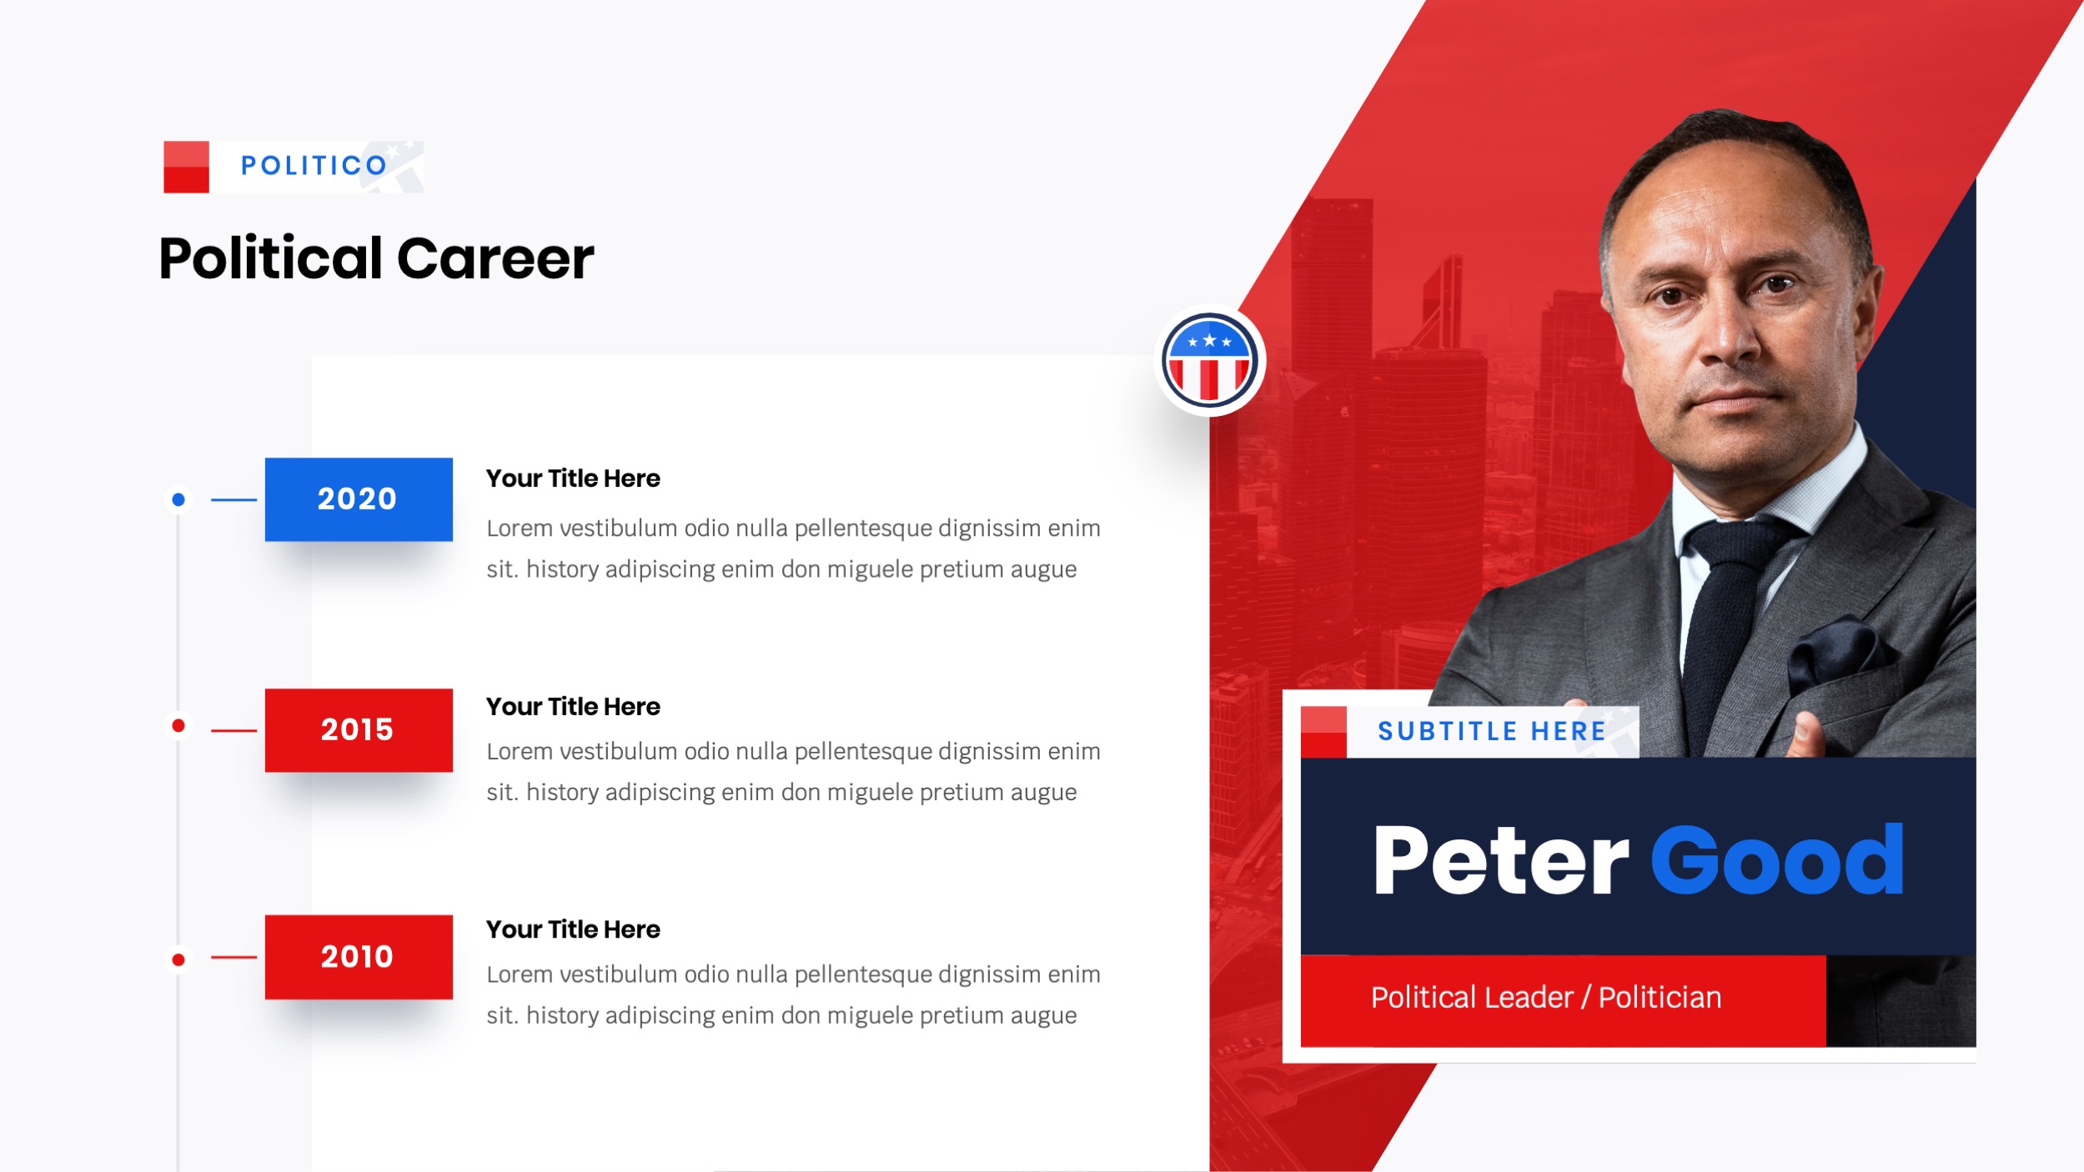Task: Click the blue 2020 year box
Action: [359, 499]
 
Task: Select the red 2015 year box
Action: [359, 730]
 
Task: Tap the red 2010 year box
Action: [359, 957]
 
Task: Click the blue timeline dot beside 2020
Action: [178, 500]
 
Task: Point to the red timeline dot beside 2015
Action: [178, 726]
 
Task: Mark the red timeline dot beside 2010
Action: [178, 959]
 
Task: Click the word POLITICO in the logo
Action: [314, 166]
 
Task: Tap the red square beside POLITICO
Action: [186, 167]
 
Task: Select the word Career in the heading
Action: [495, 258]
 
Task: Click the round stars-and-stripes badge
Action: [1209, 361]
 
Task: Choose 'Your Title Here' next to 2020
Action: [573, 478]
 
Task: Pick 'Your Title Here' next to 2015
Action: [573, 707]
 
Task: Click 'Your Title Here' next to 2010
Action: [573, 929]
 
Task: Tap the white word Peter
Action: [1499, 861]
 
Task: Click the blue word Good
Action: [1777, 861]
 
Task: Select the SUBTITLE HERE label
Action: [1491, 732]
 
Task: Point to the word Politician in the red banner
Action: [1660, 998]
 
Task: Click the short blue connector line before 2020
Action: [234, 500]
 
